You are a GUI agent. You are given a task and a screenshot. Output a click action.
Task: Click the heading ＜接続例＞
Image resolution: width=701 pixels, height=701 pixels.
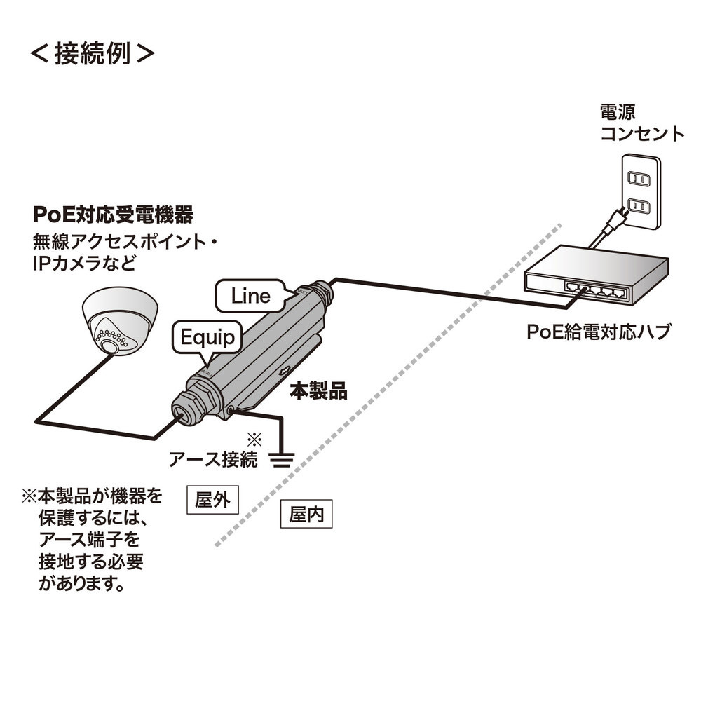tap(91, 55)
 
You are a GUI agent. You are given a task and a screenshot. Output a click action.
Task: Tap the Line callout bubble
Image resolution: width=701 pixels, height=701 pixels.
tap(250, 296)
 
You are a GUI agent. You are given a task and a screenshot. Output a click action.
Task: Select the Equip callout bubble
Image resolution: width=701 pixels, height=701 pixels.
tap(207, 339)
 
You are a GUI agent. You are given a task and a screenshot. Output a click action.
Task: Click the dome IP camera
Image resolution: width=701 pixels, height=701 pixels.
tap(119, 319)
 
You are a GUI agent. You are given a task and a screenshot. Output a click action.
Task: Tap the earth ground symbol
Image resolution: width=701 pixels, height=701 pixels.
tap(281, 459)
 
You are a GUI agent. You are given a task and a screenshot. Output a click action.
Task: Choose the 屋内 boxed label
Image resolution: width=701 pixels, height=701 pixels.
tap(306, 515)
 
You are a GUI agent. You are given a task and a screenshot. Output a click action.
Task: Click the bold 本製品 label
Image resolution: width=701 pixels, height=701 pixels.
tap(318, 391)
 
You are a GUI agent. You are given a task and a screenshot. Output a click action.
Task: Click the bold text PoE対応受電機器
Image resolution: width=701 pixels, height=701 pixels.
tap(113, 212)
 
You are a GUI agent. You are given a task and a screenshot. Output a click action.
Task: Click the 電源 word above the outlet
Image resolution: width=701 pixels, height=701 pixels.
tap(617, 111)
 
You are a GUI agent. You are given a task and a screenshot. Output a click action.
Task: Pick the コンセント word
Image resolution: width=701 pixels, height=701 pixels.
tap(641, 133)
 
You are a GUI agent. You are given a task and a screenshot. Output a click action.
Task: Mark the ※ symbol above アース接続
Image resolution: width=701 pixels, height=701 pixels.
tap(254, 440)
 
